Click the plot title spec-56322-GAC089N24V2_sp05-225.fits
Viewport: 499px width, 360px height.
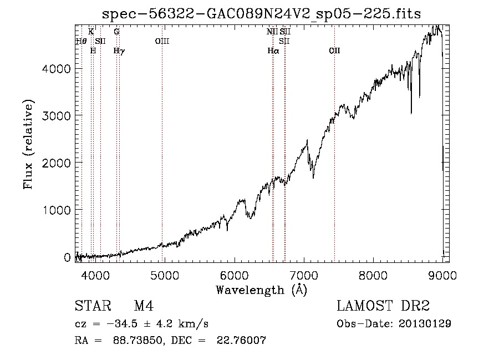[x=261, y=14]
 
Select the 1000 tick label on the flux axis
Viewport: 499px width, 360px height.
[x=56, y=210]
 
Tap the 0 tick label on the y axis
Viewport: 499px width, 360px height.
[x=67, y=257]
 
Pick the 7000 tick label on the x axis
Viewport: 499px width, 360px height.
[x=304, y=275]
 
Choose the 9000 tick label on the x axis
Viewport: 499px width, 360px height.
[x=442, y=275]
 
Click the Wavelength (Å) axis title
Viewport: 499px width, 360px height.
[x=261, y=290]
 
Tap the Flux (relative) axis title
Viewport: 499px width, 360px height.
[x=28, y=145]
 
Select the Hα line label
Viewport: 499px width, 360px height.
[x=273, y=51]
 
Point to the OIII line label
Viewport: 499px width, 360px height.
[x=162, y=41]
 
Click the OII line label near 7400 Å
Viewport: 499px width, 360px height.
[x=334, y=51]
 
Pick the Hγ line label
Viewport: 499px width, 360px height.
[x=119, y=51]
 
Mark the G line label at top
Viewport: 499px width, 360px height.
[x=117, y=32]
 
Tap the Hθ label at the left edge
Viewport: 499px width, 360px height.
[x=81, y=41]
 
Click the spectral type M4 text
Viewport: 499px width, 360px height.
[x=144, y=306]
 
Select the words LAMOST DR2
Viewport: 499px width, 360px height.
[x=383, y=306]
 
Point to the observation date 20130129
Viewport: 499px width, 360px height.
[x=425, y=324]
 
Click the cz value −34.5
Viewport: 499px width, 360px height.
[x=122, y=324]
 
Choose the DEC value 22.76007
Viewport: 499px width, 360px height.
[x=241, y=340]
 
